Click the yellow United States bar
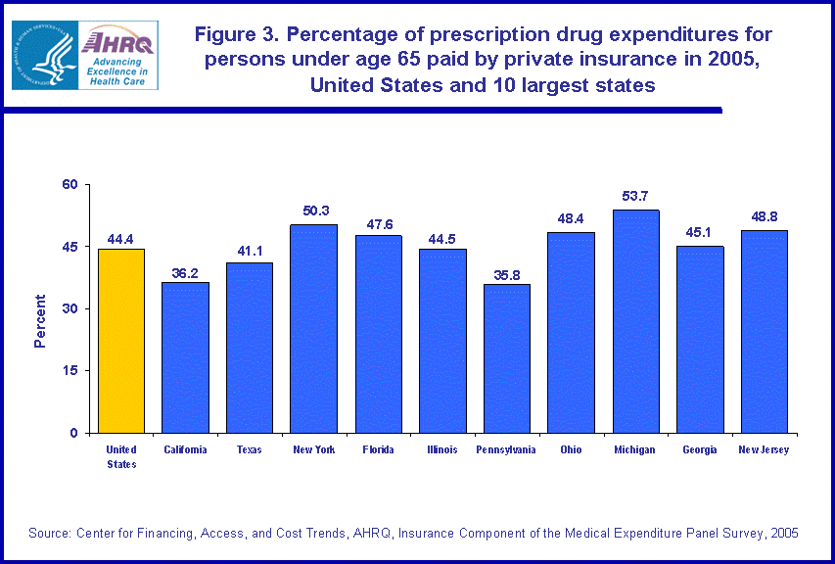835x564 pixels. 121,341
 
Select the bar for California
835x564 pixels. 185,357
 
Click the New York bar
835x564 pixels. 314,329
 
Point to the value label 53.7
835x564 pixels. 635,197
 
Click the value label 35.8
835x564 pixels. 507,271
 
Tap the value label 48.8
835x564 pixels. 765,217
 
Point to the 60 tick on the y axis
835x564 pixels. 71,184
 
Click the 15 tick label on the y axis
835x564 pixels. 71,371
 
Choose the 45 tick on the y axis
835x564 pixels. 71,247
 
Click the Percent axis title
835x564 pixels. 40,321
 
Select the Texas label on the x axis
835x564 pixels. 250,450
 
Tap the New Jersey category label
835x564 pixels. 765,450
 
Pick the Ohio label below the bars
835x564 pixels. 572,450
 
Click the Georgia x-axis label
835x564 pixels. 700,450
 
